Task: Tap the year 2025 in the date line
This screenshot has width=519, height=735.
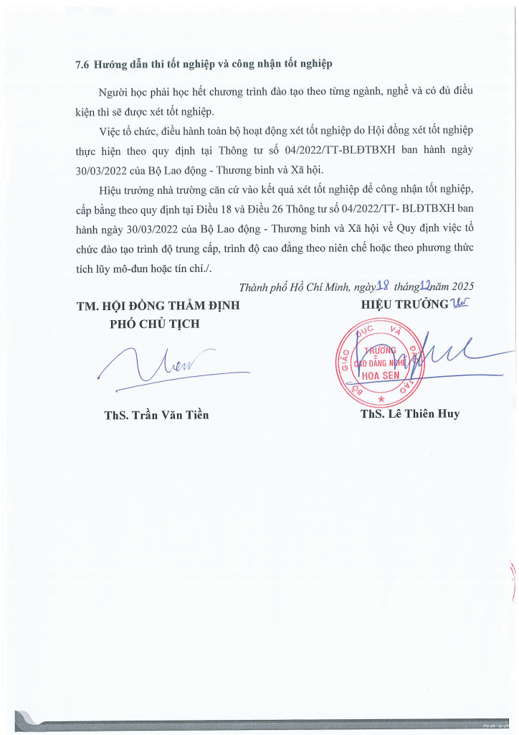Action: click(x=461, y=285)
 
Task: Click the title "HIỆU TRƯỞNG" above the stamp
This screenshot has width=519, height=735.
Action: click(x=404, y=304)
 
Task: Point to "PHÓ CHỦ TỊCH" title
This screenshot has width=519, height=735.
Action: click(x=154, y=324)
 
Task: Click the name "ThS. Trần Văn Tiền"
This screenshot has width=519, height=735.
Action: click(x=157, y=415)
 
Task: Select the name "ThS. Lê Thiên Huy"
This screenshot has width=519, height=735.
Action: click(x=410, y=414)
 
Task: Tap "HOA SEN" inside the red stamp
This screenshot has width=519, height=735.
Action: click(x=380, y=375)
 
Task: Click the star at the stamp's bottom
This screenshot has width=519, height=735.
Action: click(x=381, y=398)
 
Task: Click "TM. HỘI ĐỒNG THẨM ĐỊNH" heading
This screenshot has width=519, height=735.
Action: click(x=158, y=305)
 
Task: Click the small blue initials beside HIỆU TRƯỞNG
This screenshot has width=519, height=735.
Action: click(x=456, y=304)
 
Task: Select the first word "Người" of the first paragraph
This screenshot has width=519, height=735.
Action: click(x=113, y=93)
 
